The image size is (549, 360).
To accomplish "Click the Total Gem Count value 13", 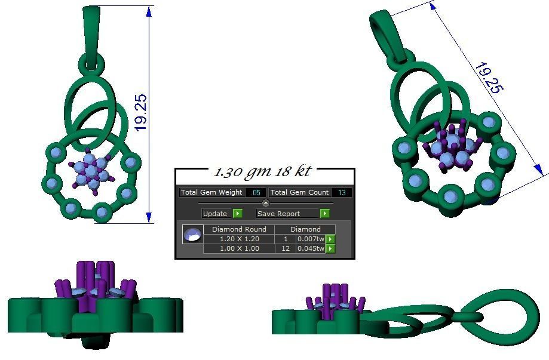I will point(342,192).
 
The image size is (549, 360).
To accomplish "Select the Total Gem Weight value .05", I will point(256,192).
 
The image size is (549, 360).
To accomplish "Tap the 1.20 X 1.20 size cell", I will point(239,239).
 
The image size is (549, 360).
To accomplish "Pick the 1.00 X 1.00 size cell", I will point(239,248).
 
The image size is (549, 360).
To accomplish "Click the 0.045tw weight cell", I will point(311,248).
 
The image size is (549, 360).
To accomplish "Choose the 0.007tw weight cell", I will point(311,239).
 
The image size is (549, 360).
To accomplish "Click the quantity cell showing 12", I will point(286,248).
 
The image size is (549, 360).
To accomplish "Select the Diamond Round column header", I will point(239,229).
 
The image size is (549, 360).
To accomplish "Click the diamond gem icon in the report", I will point(192,234).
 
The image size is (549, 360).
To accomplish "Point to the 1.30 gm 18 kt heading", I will point(263,172).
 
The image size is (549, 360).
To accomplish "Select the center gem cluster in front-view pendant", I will point(91,172).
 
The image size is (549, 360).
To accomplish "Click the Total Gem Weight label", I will point(211,192).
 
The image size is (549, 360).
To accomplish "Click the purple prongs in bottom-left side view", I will point(96,278).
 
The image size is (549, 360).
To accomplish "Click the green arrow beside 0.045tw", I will point(330,248).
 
